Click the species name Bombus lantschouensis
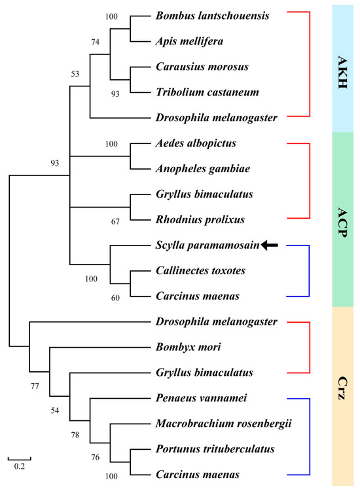(x=213, y=15)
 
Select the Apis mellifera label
(x=189, y=41)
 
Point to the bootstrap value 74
(x=97, y=41)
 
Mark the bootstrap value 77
(x=36, y=387)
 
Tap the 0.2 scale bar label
(x=19, y=467)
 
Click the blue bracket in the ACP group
(x=306, y=270)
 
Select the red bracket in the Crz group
(x=306, y=347)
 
